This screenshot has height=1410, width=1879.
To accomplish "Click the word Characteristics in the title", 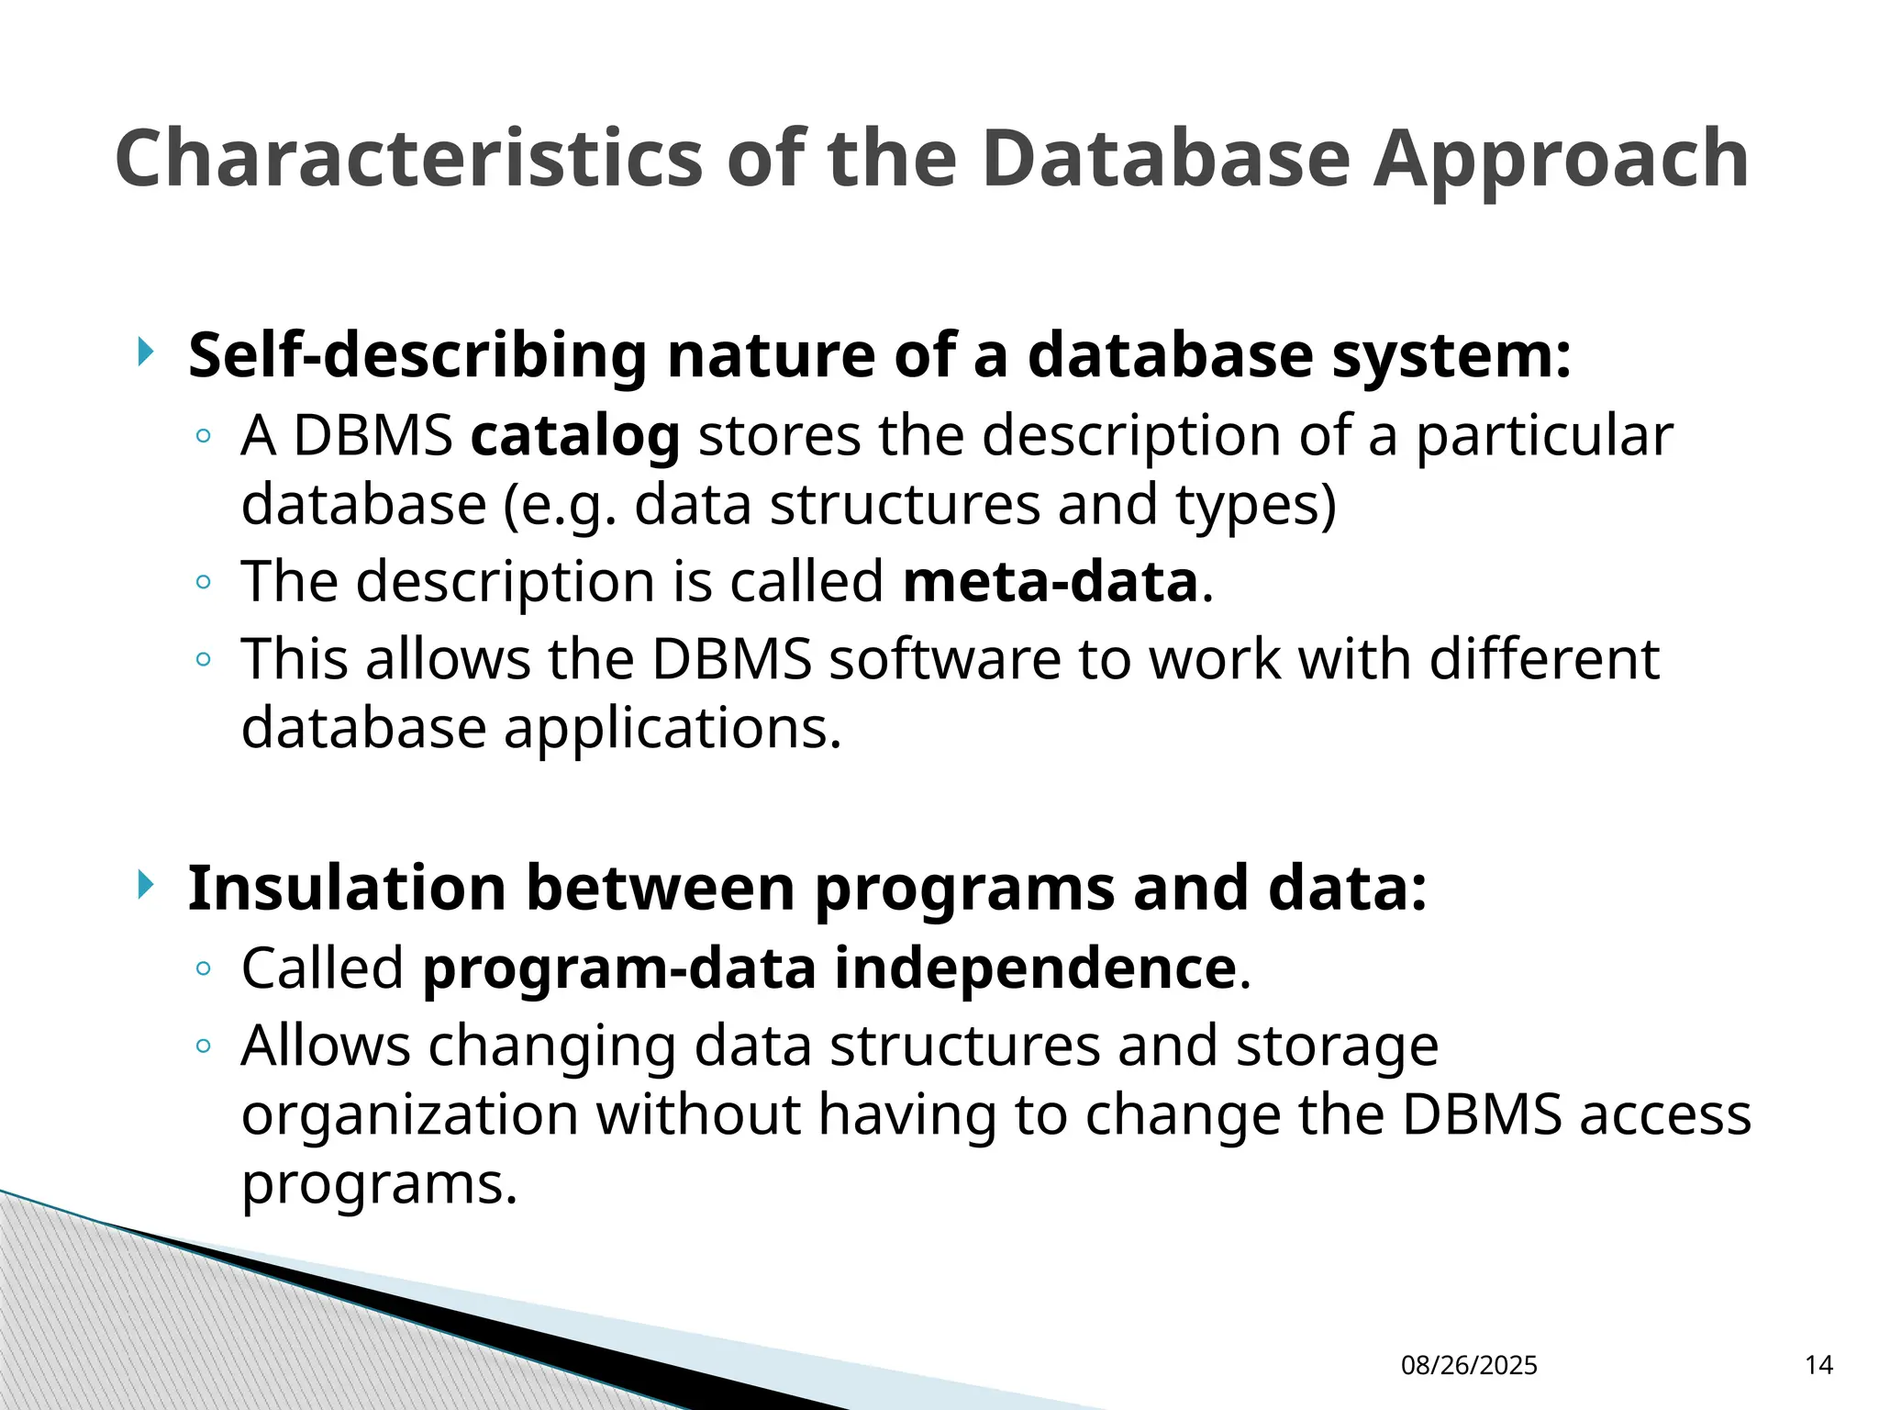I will (409, 159).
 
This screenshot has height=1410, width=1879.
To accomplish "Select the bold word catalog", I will (575, 435).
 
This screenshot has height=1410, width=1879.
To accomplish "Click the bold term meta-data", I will (1051, 582).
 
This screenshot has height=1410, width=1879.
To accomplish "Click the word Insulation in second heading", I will (347, 889).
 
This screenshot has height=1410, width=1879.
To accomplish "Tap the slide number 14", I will (1818, 1365).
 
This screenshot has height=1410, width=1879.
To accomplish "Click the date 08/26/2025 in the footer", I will (1469, 1366).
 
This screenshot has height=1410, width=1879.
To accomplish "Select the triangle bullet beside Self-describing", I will (145, 352).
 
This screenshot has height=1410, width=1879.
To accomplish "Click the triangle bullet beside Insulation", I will (145, 886).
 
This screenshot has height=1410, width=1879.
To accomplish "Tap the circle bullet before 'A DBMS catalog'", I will (204, 436).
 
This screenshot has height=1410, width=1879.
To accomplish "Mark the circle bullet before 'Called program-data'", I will (204, 968).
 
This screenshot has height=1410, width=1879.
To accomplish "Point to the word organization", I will (409, 1115).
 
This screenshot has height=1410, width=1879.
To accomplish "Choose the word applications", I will (672, 729).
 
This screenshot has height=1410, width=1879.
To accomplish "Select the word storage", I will (1337, 1046).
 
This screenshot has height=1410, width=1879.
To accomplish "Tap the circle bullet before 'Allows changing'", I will (204, 1046).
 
